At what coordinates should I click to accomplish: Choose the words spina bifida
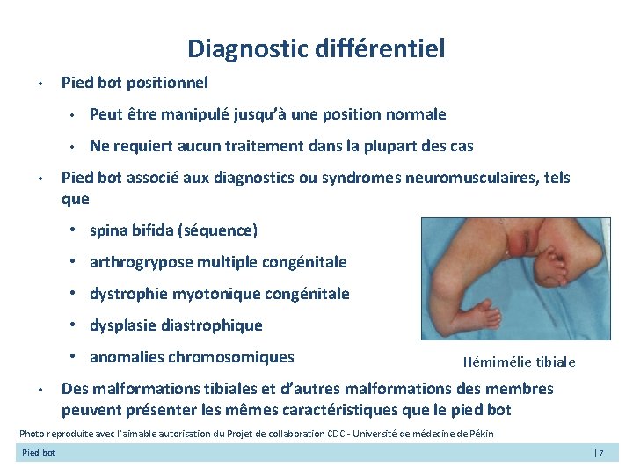pos(132,230)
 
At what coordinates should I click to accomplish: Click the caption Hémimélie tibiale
pos(519,362)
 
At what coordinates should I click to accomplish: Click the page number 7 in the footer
pos(603,453)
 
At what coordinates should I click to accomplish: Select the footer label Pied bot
pos(39,453)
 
